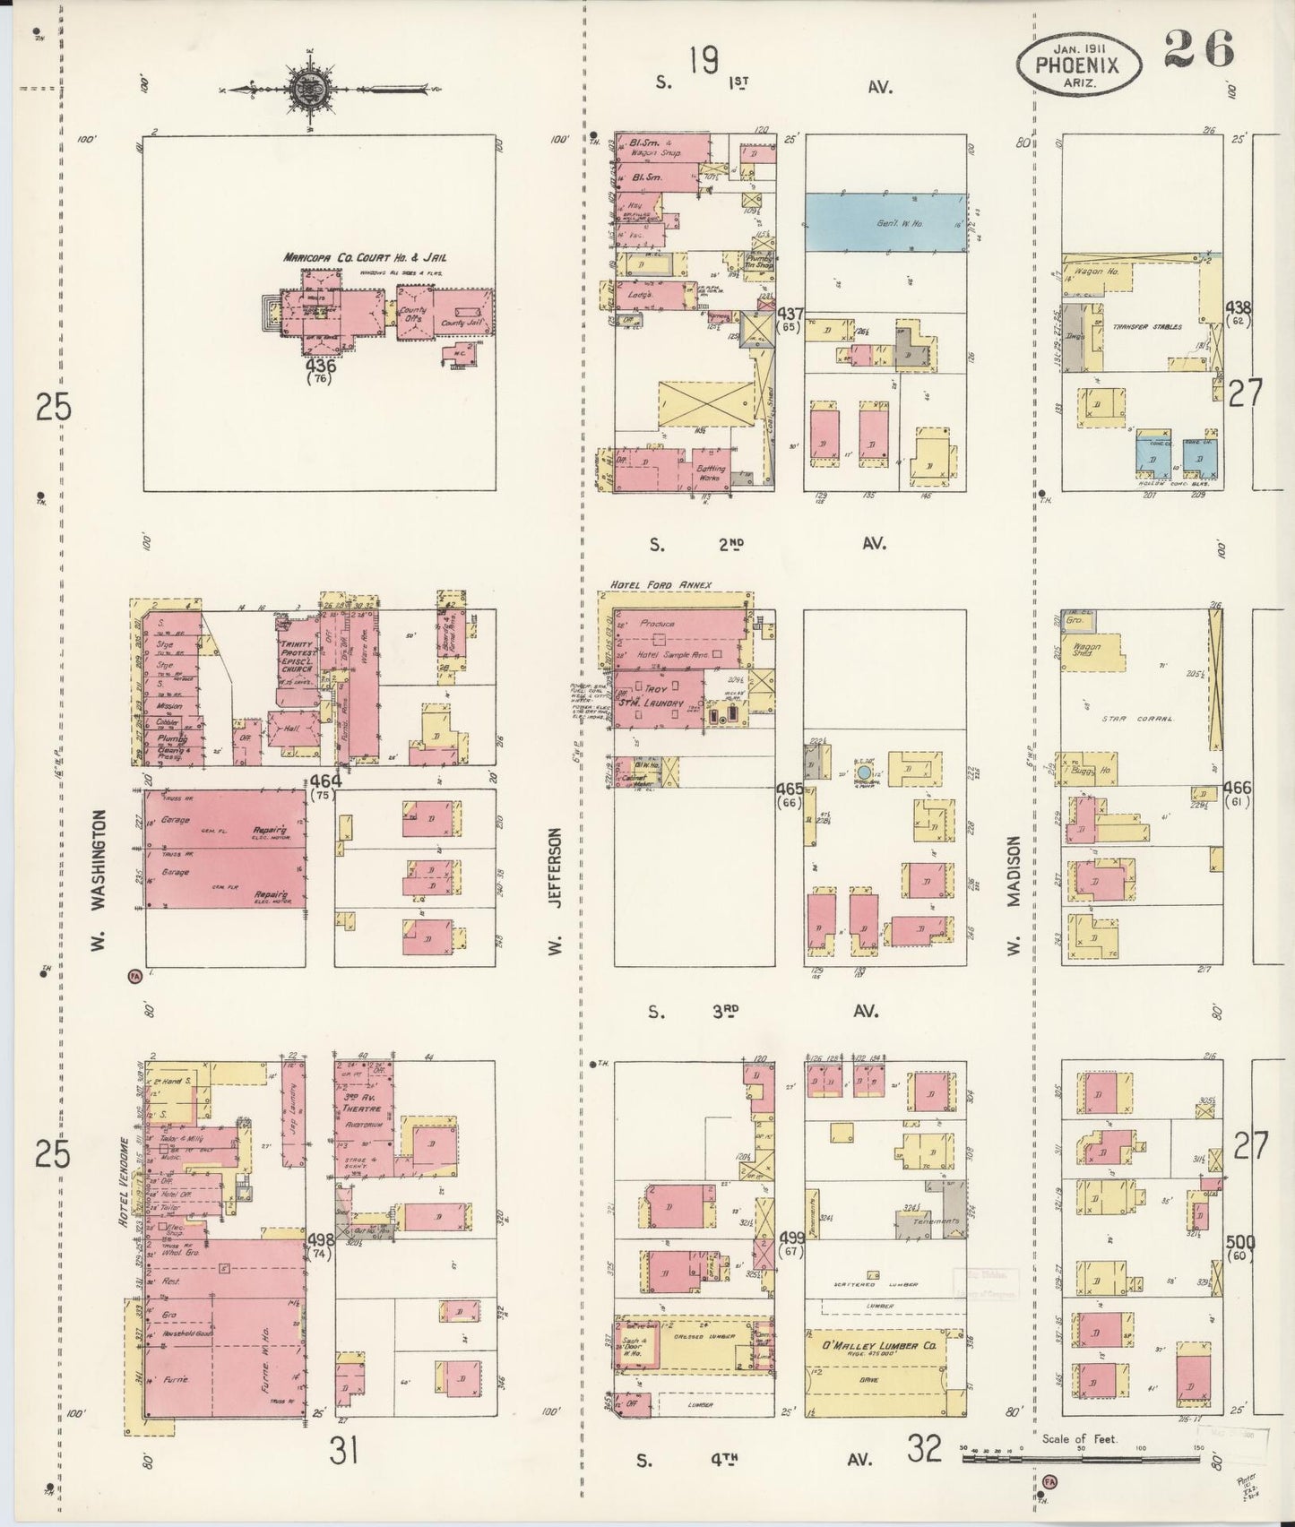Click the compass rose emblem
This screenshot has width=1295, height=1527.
click(x=306, y=89)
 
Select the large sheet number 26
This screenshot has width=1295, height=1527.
click(x=1199, y=48)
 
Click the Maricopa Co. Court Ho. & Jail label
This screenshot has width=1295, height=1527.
click(x=366, y=257)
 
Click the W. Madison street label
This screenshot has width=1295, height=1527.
click(x=1015, y=896)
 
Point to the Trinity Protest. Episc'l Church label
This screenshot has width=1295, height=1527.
click(x=297, y=660)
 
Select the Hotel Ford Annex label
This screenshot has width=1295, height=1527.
click(x=660, y=585)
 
